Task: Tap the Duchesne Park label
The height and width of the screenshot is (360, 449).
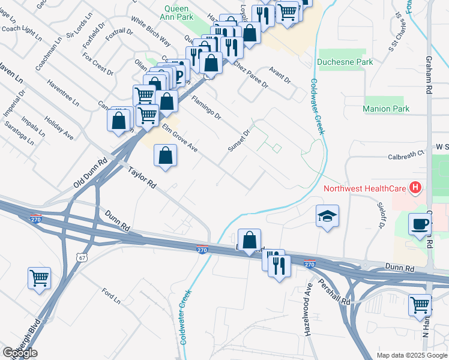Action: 345,62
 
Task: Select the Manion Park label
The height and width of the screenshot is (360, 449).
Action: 386,109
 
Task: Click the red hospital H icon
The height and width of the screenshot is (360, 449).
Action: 415,188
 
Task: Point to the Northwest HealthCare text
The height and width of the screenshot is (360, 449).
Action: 364,188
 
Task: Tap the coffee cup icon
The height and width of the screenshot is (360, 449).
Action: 420,224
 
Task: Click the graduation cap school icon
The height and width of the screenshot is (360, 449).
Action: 328,216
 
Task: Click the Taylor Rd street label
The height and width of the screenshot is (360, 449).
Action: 142,178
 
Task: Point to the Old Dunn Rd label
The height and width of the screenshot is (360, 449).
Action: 90,173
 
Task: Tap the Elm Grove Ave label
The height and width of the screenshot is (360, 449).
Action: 179,137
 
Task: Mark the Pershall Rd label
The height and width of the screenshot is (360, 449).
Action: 334,292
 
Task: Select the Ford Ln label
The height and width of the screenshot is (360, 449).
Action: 112,295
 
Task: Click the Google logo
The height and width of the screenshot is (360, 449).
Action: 20,353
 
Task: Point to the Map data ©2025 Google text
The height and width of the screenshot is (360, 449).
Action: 412,355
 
